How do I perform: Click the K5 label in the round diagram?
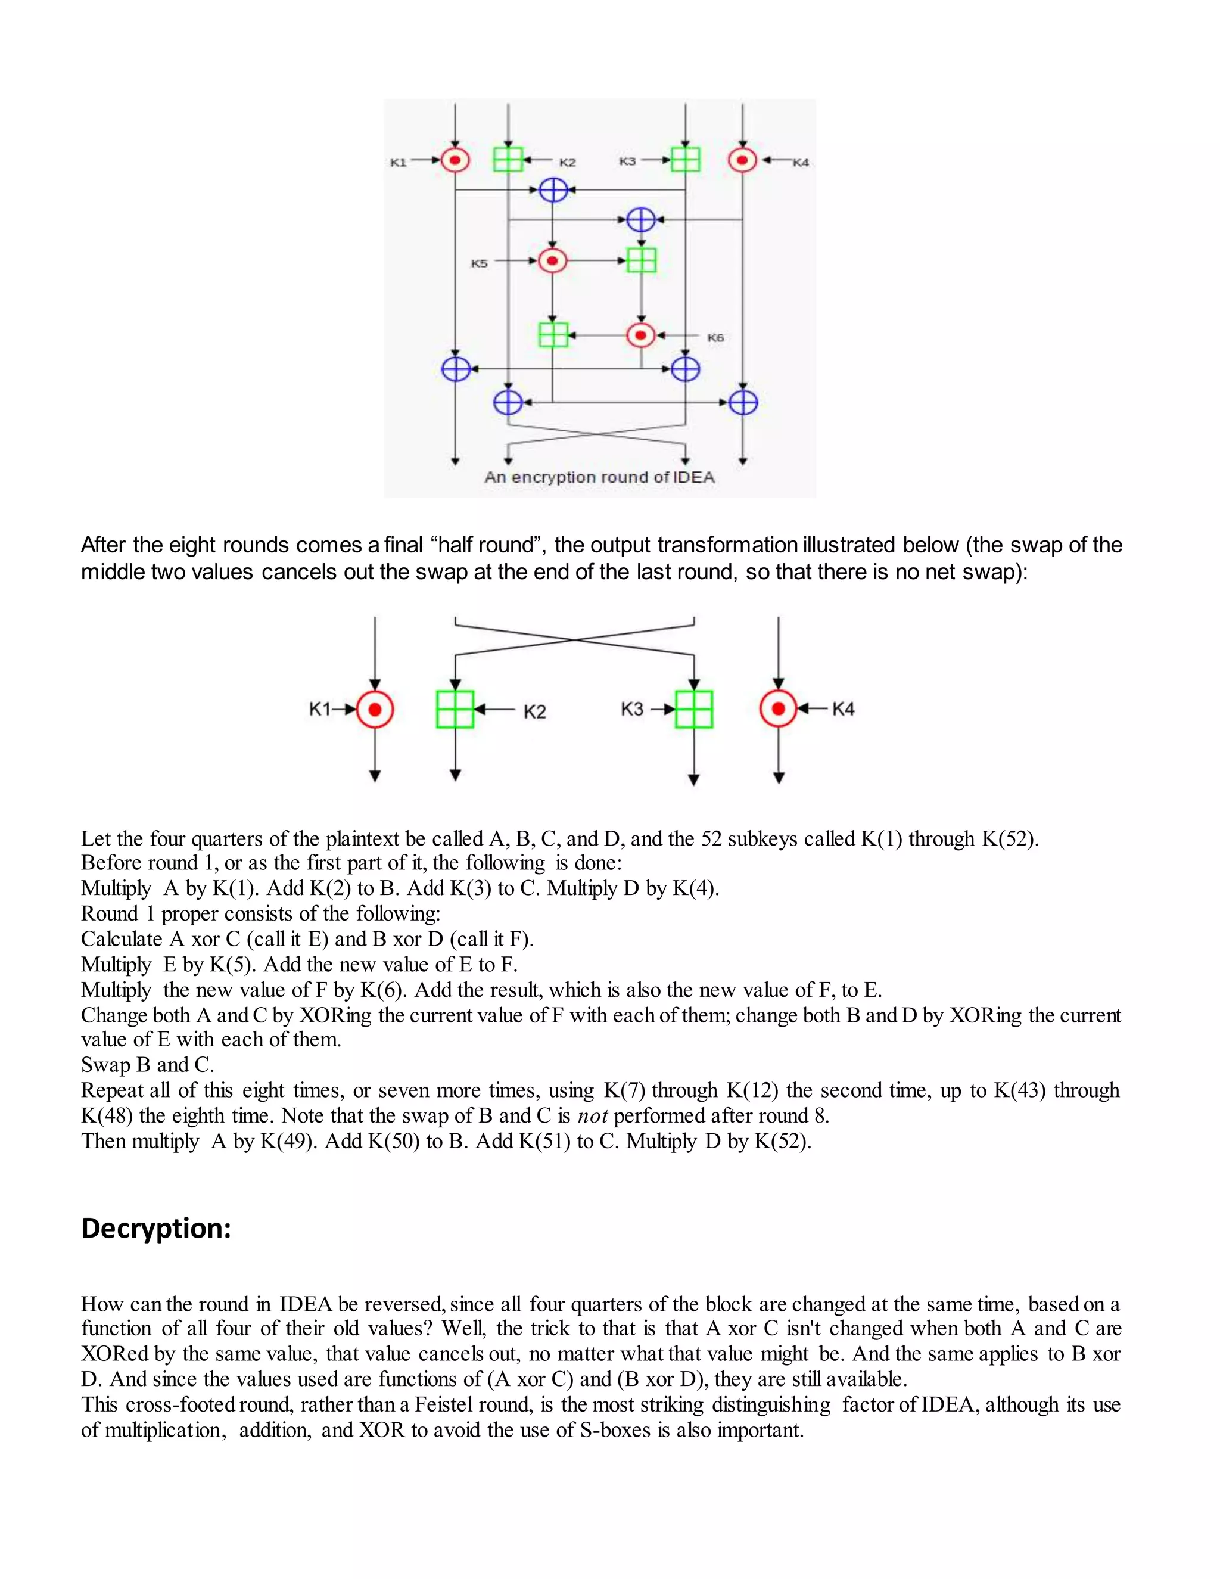pos(479,264)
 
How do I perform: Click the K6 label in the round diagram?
pos(715,338)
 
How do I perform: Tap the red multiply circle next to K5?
pos(553,260)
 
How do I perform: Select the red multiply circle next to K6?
pos(640,335)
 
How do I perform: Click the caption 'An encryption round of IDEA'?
pos(599,477)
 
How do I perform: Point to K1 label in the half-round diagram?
pos(319,709)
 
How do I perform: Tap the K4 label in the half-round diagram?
pos(844,709)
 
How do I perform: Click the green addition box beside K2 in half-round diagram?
pos(455,709)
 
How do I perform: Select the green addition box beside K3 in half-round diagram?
pos(694,709)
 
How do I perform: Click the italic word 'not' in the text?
pos(592,1116)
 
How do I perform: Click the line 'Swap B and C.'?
pos(148,1065)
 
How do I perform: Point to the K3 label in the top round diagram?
pos(627,161)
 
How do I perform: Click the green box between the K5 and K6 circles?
pos(641,260)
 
